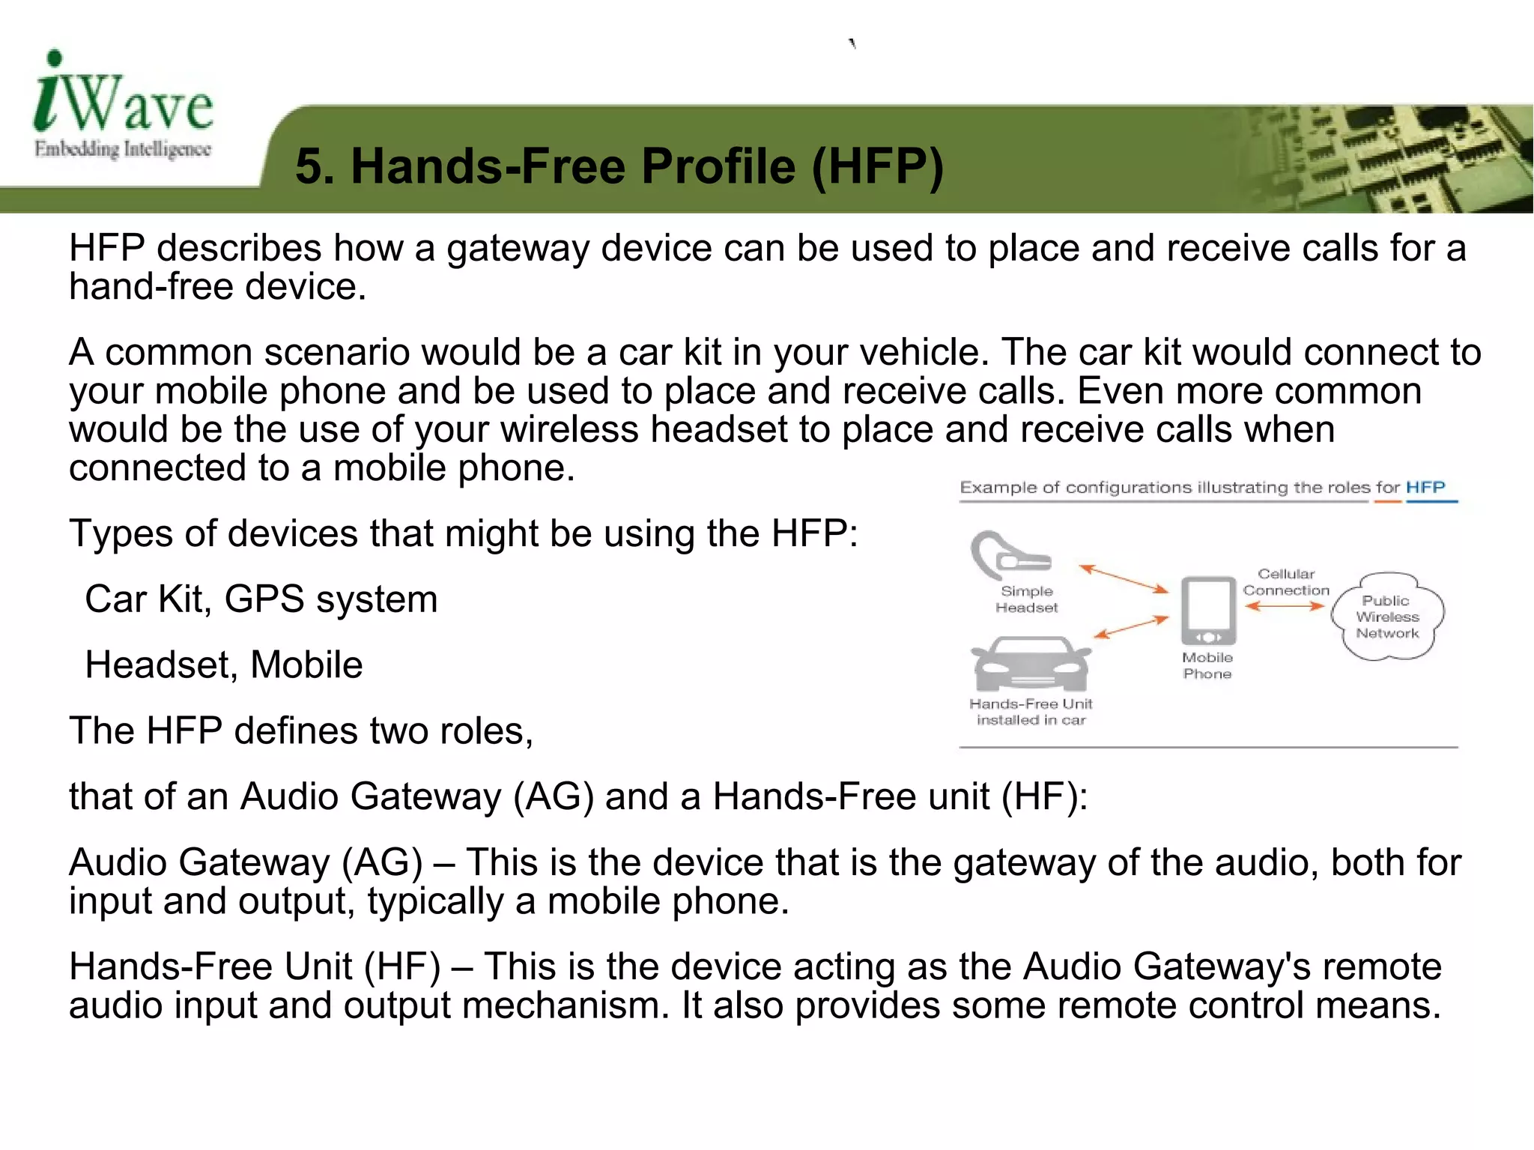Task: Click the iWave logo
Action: point(124,105)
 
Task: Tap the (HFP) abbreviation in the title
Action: point(877,166)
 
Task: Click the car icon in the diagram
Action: point(1031,663)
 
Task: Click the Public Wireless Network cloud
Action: point(1387,617)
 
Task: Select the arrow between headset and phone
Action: point(1123,578)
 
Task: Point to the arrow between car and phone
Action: point(1131,626)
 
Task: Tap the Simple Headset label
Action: point(1027,599)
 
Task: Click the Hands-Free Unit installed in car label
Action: point(1031,712)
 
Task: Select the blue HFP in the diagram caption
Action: point(1425,487)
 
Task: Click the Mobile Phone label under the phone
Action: point(1207,665)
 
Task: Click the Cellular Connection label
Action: point(1286,582)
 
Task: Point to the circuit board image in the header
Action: point(1386,159)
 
